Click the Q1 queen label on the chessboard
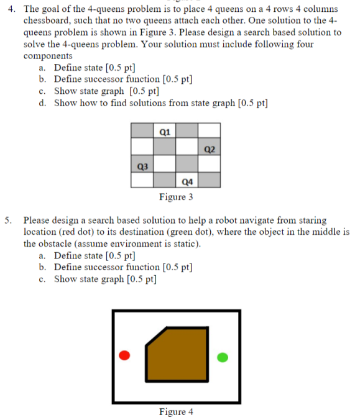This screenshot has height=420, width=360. pos(164,131)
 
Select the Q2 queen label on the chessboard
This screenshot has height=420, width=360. pos(209,148)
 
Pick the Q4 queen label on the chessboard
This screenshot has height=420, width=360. pos(187,181)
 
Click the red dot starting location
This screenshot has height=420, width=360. pos(124,355)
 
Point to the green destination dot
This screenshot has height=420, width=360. pos(223,357)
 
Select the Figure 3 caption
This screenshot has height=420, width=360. pos(176,197)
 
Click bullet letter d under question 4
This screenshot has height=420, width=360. pos(42,103)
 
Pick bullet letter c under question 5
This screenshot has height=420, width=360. pos(42,278)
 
